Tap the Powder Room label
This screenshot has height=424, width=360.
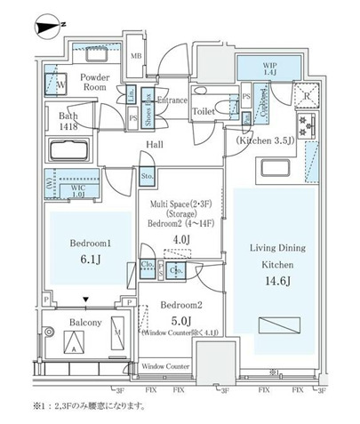[95, 83]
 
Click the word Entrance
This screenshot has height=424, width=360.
[172, 100]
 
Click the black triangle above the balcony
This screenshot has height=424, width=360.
[85, 300]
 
